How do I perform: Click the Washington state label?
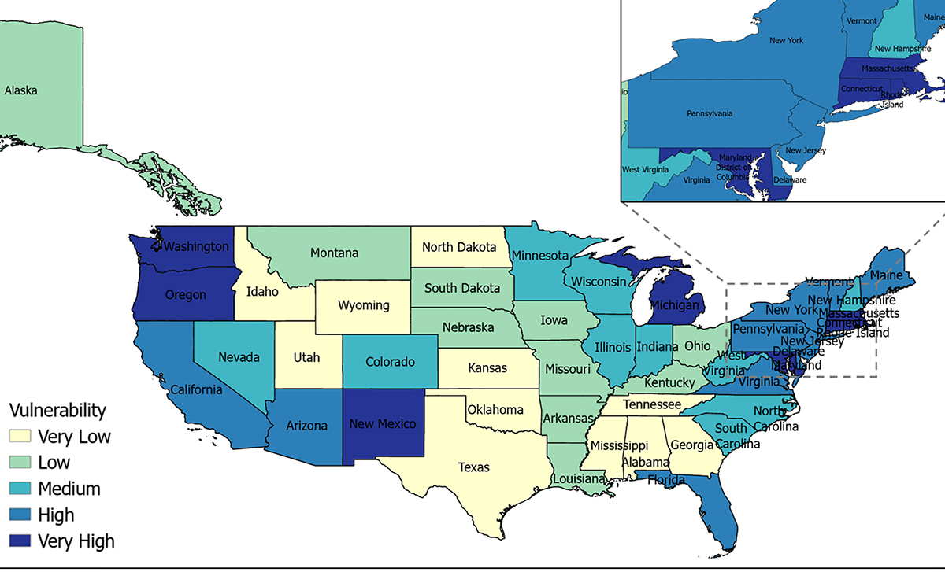[197, 246]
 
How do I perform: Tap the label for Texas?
[473, 467]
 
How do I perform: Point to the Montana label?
[334, 253]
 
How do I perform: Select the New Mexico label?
[384, 424]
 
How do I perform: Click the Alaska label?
[20, 90]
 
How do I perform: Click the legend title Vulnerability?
[57, 410]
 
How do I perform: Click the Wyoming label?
[364, 304]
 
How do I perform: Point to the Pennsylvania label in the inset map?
[710, 113]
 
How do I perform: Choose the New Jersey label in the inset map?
[805, 150]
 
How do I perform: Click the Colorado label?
[391, 363]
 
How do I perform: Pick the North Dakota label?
[459, 247]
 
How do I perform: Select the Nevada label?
[239, 357]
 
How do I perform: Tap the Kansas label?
[487, 367]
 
